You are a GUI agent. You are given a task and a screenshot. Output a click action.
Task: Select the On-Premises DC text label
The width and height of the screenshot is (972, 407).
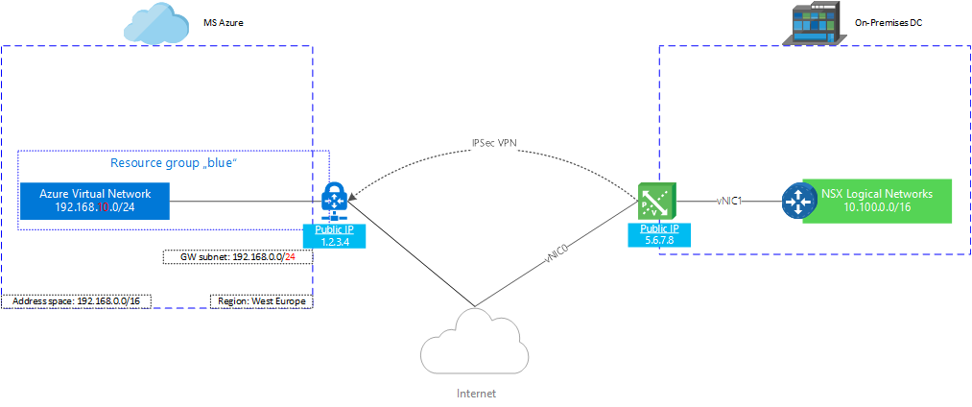889,20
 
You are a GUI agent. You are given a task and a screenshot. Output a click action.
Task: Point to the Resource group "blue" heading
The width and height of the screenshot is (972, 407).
174,163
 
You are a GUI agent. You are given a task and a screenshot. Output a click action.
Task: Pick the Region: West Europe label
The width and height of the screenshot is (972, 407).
261,301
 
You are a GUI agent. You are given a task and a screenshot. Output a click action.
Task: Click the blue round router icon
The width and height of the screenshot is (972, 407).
796,201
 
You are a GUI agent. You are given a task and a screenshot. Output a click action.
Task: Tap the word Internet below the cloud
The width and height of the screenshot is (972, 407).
476,393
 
